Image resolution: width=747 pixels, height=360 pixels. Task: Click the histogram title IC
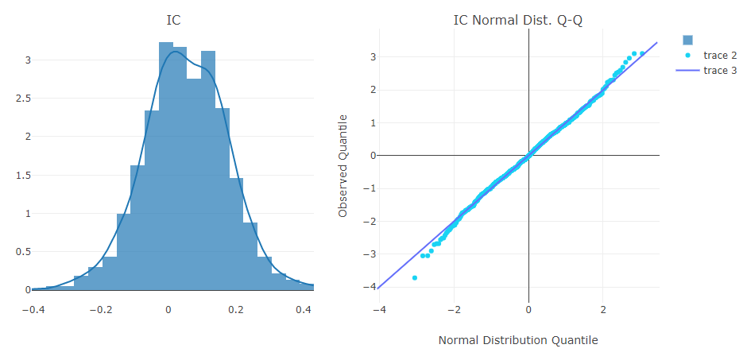(172, 20)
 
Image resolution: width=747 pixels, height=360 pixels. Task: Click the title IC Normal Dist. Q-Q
(517, 20)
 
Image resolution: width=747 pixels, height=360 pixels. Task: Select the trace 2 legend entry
(720, 56)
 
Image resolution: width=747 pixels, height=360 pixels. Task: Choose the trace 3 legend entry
(720, 71)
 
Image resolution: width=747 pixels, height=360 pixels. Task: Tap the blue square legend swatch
(688, 40)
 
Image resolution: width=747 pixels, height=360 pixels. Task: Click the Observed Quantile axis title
(343, 165)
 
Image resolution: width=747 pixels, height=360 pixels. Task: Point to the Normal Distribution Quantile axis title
(517, 340)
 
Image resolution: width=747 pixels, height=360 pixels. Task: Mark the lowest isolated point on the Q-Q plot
(415, 277)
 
